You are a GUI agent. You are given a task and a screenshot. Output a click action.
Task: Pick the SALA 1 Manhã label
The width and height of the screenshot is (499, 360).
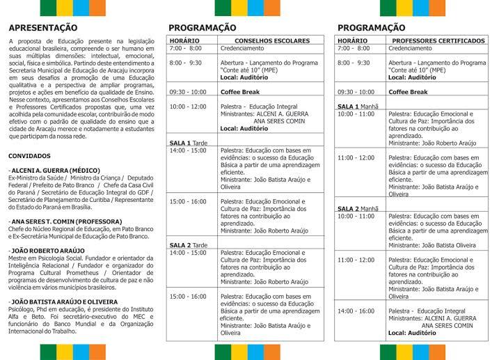[358, 107]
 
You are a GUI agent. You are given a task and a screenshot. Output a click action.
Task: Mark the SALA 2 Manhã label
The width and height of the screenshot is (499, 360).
[358, 208]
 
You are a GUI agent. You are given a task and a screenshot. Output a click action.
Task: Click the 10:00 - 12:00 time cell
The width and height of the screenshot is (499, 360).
[187, 107]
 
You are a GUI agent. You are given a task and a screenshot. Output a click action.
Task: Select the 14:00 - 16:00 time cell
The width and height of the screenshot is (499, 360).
[356, 311]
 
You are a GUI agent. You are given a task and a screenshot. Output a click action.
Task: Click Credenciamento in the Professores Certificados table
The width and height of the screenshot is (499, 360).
[410, 49]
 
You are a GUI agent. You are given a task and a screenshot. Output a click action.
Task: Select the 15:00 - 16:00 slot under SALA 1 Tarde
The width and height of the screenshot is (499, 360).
[187, 201]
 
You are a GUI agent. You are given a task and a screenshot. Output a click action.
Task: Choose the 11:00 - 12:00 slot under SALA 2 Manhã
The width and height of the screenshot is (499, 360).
[356, 260]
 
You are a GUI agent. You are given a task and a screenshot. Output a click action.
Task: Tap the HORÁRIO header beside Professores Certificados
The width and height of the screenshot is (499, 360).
[352, 41]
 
